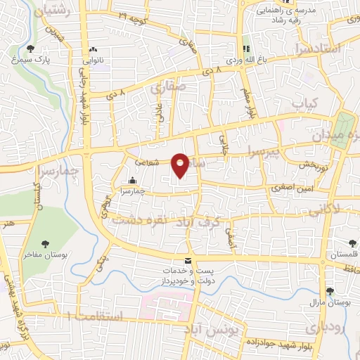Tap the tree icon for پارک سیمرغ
30,48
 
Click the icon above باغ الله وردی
246,49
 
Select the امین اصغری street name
292,189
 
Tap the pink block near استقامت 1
167,304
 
